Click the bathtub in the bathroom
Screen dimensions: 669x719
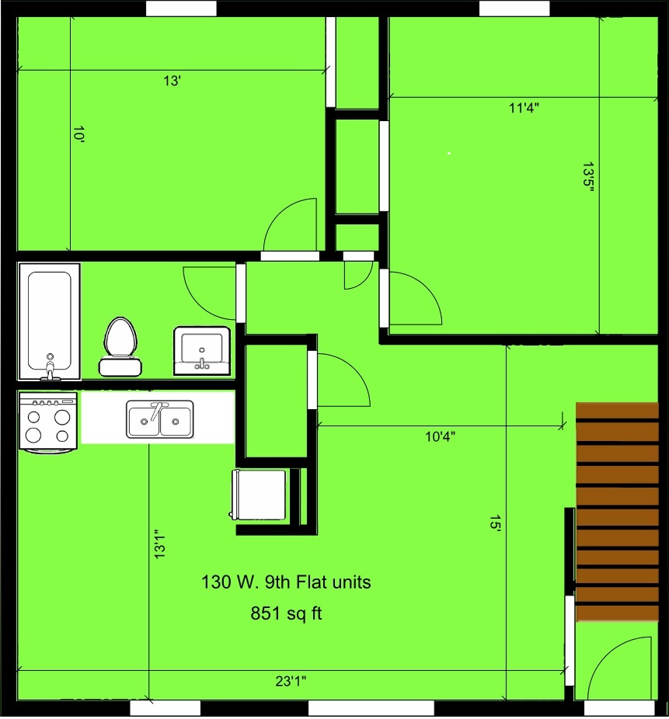tap(50, 321)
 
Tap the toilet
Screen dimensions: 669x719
tap(120, 346)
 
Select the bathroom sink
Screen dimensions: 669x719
tap(202, 351)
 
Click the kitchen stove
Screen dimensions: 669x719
tap(47, 422)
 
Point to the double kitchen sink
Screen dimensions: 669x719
tap(160, 419)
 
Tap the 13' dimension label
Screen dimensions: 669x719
tap(172, 82)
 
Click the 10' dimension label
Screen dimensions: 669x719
tap(79, 135)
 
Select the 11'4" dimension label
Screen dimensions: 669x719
tap(524, 108)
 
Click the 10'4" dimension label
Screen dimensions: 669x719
tap(440, 436)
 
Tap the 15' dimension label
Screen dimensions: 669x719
tap(495, 523)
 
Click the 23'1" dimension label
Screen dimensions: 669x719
tap(291, 681)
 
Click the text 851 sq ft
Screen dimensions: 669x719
tap(286, 613)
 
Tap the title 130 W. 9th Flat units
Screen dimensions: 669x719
tap(286, 582)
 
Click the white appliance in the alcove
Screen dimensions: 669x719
tap(260, 495)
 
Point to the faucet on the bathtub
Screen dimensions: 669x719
tap(50, 366)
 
